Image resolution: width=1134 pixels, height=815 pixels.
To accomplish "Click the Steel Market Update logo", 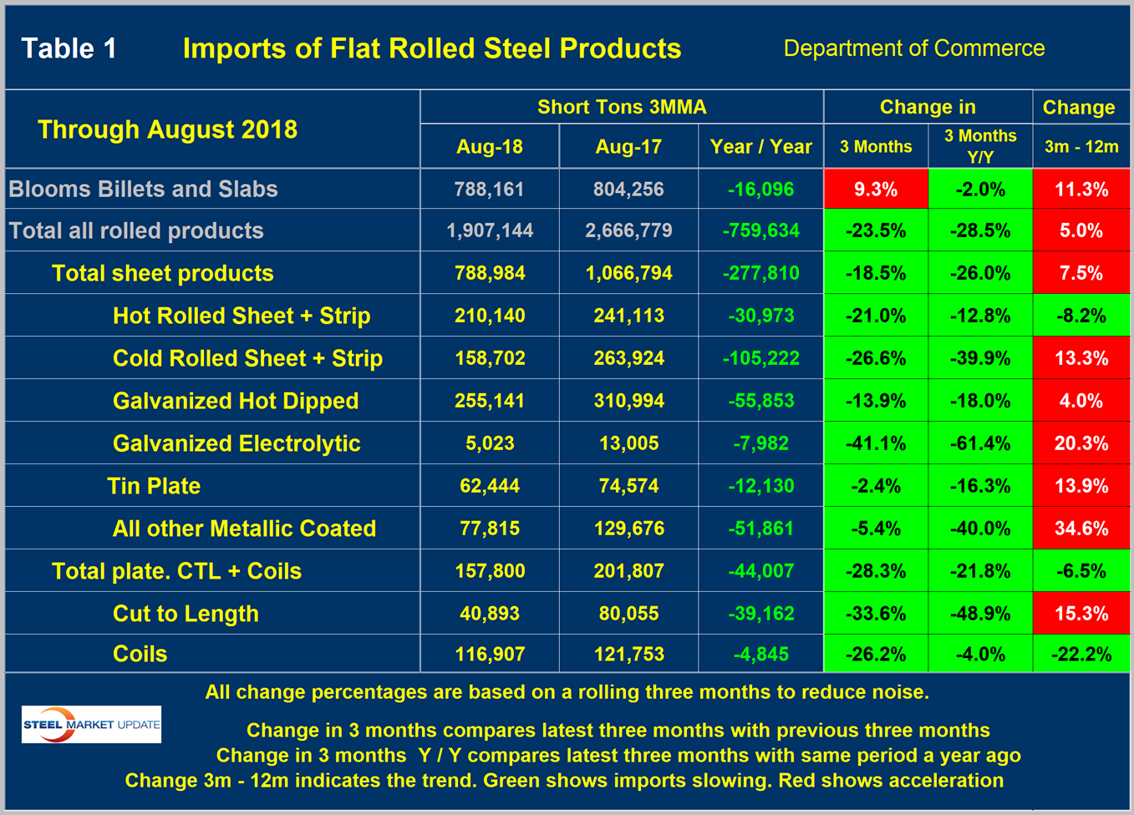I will point(91,724).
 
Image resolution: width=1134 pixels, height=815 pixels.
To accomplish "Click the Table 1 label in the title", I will point(69,48).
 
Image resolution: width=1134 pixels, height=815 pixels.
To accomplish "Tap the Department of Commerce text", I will point(913,48).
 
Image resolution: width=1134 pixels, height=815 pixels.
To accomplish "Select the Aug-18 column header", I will point(490,147).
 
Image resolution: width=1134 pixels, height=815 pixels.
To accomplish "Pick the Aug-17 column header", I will point(628,147).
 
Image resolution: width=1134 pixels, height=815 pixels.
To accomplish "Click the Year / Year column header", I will point(760,147).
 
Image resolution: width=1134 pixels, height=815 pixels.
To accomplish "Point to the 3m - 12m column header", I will point(1081,147).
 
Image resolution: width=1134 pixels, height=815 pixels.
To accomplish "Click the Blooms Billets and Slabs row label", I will point(143,189).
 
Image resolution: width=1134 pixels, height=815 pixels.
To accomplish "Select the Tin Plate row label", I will point(154,486).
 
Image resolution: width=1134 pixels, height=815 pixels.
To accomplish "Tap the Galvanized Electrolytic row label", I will point(236,443).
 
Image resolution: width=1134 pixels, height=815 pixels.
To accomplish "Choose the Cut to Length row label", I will point(186,614).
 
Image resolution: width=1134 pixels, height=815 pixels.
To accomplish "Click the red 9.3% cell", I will point(876,190).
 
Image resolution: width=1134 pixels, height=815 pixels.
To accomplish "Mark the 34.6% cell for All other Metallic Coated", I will point(1081,529).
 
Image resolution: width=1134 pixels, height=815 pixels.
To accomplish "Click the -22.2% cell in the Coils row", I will point(1081,654).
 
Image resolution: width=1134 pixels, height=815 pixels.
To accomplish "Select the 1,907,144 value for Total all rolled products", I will point(490,231).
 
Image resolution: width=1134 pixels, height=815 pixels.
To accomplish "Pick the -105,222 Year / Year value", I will point(760,358).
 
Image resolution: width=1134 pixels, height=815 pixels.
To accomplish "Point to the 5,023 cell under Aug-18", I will point(490,443).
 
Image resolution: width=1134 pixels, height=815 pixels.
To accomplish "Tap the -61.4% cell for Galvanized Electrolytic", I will point(980,443).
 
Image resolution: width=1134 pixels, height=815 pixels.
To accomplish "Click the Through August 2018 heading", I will point(167,129).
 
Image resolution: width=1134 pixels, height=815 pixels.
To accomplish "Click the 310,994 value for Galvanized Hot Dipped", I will point(628,401).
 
